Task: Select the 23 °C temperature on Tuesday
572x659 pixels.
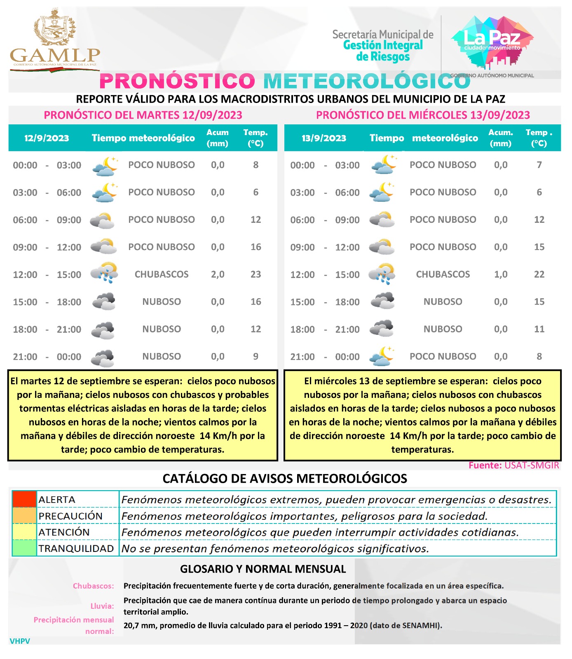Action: coord(256,274)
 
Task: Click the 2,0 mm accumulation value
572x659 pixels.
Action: coord(218,274)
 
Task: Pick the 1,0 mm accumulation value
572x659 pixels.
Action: coord(501,274)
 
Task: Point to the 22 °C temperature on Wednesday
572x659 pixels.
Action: coord(539,274)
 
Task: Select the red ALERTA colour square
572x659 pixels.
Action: coord(24,499)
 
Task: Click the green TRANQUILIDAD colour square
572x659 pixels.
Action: coord(24,548)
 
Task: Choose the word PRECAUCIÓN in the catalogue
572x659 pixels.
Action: coord(70,516)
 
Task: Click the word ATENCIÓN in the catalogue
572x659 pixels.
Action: coord(64,532)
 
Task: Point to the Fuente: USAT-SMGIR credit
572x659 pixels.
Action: coord(513,465)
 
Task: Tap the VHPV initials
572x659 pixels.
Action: coord(20,641)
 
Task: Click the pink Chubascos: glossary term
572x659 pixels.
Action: coord(94,586)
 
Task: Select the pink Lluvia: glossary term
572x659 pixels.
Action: coord(102,606)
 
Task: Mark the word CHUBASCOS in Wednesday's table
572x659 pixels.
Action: coord(443,274)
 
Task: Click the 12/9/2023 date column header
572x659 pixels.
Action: coord(47,138)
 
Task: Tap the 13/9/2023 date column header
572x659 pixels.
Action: coord(324,138)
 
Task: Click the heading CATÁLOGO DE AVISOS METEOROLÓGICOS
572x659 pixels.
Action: coord(285,479)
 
